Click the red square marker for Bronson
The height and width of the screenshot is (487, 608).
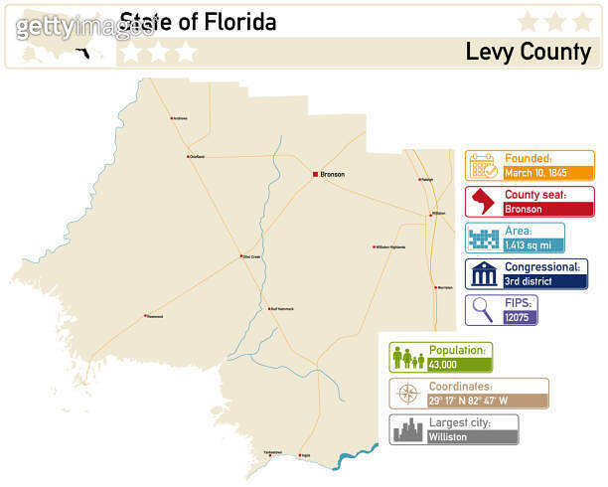[x=315, y=175]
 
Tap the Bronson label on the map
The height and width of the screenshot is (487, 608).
[x=333, y=175]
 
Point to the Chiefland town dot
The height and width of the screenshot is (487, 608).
[x=189, y=156]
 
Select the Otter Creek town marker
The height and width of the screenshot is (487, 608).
[x=240, y=256]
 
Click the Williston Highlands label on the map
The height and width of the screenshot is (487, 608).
[x=391, y=246]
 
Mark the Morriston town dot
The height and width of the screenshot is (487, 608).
[x=436, y=287]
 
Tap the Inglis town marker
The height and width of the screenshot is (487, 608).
[x=298, y=455]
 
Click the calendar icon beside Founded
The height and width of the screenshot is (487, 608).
[x=482, y=165]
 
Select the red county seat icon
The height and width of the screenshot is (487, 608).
[x=482, y=202]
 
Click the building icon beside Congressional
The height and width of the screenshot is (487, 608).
[x=482, y=273]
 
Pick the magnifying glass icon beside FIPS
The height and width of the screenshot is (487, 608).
[x=482, y=309]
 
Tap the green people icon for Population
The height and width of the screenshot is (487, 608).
[x=408, y=358]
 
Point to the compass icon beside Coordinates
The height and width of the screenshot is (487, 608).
[x=408, y=394]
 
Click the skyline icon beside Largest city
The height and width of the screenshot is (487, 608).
[x=408, y=429]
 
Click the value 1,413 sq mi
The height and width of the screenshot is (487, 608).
[x=529, y=244]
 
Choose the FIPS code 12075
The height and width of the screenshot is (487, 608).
[x=518, y=317]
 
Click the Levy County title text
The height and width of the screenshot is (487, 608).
[x=528, y=51]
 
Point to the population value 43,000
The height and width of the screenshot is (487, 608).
[x=443, y=365]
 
